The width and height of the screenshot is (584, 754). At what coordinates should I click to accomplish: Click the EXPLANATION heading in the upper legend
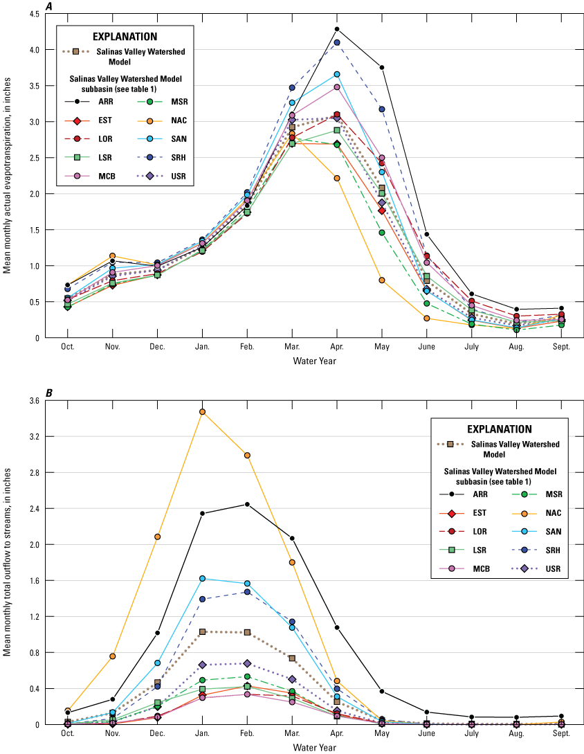(x=125, y=37)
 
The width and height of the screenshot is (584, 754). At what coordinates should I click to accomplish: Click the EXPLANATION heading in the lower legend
(x=499, y=429)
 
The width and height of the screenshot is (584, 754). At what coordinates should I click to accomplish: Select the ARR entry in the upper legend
(x=105, y=102)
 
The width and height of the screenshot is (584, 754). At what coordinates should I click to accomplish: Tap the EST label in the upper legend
(x=104, y=120)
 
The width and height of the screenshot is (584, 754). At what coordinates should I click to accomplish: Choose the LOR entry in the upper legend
(x=105, y=139)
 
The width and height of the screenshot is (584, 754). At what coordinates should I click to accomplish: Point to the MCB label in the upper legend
(x=106, y=177)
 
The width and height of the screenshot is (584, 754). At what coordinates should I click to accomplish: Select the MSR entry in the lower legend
(x=554, y=494)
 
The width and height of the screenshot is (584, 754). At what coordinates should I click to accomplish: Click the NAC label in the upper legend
(x=179, y=120)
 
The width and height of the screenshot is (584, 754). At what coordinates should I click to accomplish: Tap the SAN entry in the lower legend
(x=554, y=532)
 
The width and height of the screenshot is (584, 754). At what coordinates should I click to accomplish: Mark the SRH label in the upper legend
(x=179, y=158)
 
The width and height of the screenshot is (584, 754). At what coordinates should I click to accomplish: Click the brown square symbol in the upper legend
(x=76, y=51)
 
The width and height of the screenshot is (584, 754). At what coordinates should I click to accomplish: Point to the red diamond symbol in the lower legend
(x=451, y=513)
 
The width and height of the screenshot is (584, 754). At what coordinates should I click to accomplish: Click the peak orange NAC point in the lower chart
(x=202, y=412)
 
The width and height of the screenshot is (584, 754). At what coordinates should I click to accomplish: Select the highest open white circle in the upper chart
(x=337, y=29)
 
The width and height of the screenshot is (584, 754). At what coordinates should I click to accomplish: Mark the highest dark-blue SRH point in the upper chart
(x=337, y=43)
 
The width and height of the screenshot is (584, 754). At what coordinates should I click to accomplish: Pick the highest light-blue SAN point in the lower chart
(x=202, y=578)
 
